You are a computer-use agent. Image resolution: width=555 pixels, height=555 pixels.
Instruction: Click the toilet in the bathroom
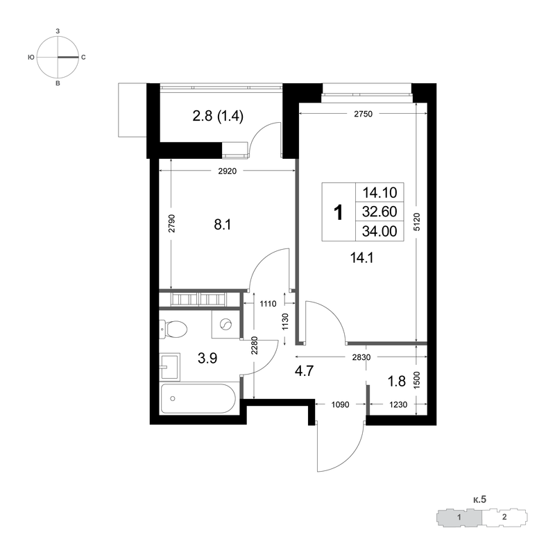click(x=173, y=329)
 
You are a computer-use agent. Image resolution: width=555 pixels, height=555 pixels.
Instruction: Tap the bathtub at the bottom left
click(x=198, y=398)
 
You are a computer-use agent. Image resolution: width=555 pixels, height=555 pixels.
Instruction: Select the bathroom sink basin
click(x=169, y=367)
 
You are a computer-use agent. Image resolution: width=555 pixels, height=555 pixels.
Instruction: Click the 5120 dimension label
click(x=417, y=222)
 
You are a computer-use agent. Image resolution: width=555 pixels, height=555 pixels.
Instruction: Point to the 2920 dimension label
click(x=228, y=171)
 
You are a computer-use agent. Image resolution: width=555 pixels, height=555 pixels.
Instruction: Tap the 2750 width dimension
click(x=363, y=114)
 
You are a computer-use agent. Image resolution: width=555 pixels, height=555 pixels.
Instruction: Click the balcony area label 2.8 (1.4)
click(x=218, y=116)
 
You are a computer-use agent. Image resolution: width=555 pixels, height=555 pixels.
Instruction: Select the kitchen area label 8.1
click(x=223, y=224)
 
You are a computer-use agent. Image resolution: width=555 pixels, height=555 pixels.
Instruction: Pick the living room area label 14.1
click(x=361, y=258)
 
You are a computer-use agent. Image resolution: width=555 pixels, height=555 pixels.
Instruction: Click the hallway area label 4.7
click(x=304, y=371)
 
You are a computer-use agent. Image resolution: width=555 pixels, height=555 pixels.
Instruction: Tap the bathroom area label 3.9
click(x=207, y=358)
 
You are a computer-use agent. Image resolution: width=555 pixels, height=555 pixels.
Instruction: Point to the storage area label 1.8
click(x=396, y=381)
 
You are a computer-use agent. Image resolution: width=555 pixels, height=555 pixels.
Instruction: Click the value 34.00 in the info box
click(x=379, y=231)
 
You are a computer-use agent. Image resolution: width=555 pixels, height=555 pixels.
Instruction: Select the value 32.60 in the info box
click(x=379, y=212)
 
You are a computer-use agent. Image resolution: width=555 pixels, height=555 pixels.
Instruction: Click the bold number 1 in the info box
click(x=339, y=212)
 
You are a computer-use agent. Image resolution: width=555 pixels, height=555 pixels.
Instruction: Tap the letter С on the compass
click(x=83, y=58)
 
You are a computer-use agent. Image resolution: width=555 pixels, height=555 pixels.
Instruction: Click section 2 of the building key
click(x=504, y=517)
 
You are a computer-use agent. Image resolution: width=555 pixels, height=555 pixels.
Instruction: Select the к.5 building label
click(x=479, y=499)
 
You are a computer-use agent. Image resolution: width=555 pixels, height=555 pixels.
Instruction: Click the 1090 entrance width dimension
click(x=340, y=404)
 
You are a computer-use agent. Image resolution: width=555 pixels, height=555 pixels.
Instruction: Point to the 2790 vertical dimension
click(x=171, y=223)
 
